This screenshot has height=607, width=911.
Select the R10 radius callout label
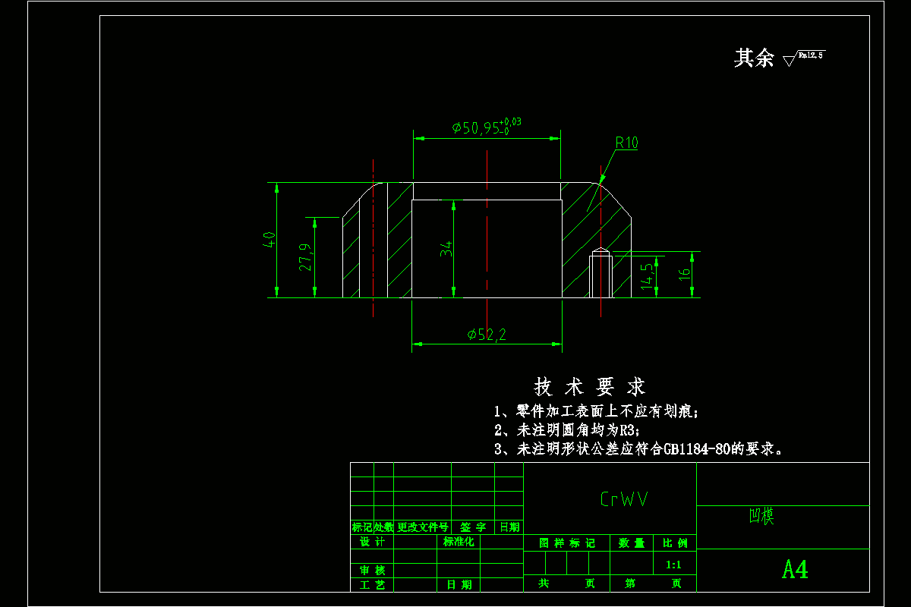626,143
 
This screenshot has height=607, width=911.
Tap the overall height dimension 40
268,240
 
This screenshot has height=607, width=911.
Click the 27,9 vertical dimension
305,258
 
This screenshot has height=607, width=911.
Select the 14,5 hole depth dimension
646,276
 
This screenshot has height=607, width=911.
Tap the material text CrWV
624,499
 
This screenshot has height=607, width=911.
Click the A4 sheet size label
795,570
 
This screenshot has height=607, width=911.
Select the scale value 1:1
673,565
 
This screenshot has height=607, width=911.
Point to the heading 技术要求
590,387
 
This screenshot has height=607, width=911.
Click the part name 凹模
761,517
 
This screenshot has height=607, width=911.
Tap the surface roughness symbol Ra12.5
804,56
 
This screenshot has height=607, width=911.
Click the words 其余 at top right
753,58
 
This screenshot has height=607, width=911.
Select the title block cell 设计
372,542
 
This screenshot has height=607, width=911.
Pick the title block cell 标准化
459,542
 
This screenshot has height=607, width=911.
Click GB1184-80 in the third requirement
696,448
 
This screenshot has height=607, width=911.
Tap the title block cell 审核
372,570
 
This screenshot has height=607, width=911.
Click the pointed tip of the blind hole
601,250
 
